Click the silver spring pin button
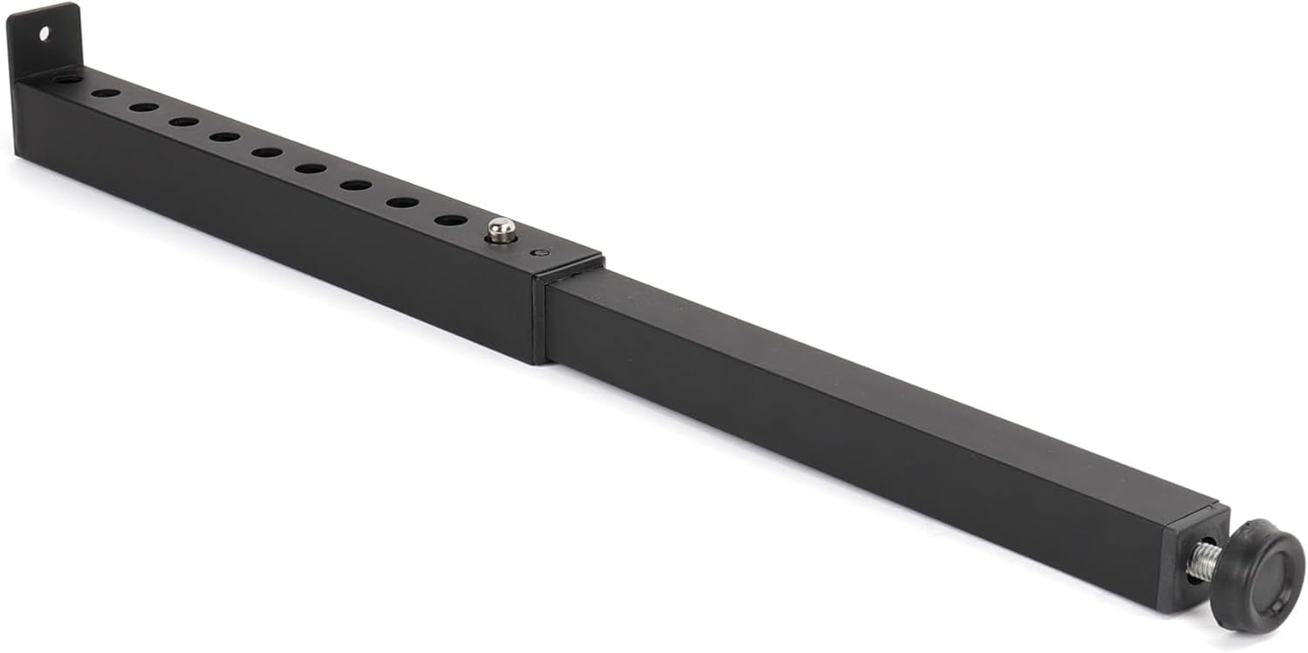(501, 230)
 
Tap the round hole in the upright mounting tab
(44, 34)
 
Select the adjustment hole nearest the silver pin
(450, 220)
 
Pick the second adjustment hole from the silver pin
(402, 202)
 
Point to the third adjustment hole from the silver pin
(356, 185)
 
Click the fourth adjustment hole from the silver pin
(310, 168)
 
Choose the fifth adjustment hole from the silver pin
(267, 153)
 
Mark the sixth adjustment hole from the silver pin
(224, 137)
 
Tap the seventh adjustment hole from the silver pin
(183, 121)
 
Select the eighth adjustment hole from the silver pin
(144, 107)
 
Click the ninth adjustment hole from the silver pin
(106, 92)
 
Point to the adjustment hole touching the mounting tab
(68, 78)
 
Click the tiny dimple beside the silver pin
(538, 253)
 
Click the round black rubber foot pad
(1257, 575)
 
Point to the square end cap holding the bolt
(1190, 558)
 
